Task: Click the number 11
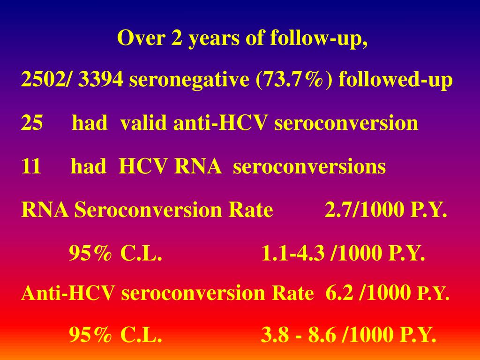[x=31, y=166]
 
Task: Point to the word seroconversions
[x=309, y=167]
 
